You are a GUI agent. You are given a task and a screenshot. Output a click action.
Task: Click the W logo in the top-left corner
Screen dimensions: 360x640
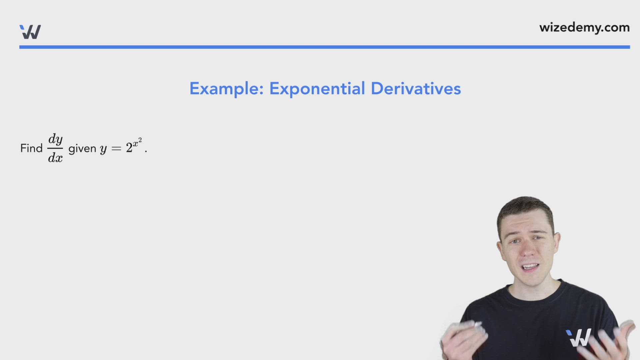tap(30, 32)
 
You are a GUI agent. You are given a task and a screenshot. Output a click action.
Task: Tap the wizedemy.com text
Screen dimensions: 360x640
tap(584, 28)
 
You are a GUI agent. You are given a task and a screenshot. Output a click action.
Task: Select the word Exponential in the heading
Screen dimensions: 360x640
tap(317, 89)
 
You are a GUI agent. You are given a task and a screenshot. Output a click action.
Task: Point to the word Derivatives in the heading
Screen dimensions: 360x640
tap(416, 89)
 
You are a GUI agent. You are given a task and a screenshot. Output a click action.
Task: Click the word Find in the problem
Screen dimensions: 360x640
tap(31, 148)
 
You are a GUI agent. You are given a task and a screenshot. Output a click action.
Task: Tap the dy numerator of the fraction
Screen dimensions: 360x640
tap(55, 139)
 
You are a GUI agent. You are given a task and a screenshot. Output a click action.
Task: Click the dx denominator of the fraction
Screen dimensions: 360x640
tap(55, 158)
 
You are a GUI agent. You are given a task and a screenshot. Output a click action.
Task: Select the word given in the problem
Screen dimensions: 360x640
tap(82, 149)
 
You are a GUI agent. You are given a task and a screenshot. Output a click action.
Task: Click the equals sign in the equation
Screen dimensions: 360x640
tap(116, 149)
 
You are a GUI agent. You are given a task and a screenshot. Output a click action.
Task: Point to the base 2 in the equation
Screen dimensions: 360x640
tap(129, 148)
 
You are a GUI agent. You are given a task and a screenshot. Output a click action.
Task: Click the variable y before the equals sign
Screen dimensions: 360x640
tap(103, 149)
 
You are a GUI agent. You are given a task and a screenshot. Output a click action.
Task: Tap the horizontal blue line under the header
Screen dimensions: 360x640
tap(324, 47)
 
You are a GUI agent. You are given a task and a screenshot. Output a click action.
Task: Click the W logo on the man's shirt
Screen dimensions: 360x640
tap(579, 337)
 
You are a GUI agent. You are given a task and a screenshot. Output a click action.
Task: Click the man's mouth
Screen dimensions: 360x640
tap(530, 267)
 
